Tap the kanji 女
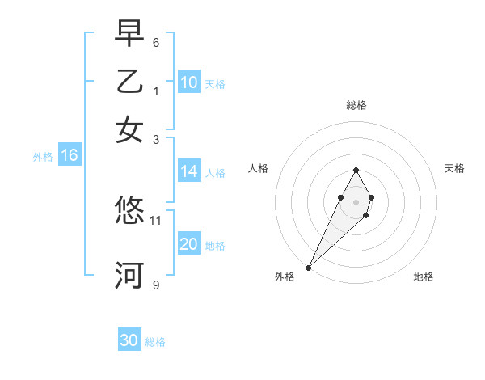click(x=129, y=129)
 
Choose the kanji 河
click(x=129, y=275)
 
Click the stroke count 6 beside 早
click(x=156, y=42)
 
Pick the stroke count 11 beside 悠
click(x=156, y=219)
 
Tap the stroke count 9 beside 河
click(x=156, y=285)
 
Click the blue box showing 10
click(x=189, y=82)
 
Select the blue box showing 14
click(x=189, y=171)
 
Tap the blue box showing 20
click(x=189, y=244)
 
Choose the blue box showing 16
click(x=70, y=155)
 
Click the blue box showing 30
click(x=129, y=340)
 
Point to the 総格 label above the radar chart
click(x=356, y=105)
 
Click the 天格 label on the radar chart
click(x=454, y=168)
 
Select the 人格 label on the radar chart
click(x=259, y=168)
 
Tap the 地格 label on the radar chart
click(x=424, y=277)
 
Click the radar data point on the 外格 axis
click(x=308, y=267)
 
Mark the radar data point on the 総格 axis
click(x=356, y=170)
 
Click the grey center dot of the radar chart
click(x=356, y=201)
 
